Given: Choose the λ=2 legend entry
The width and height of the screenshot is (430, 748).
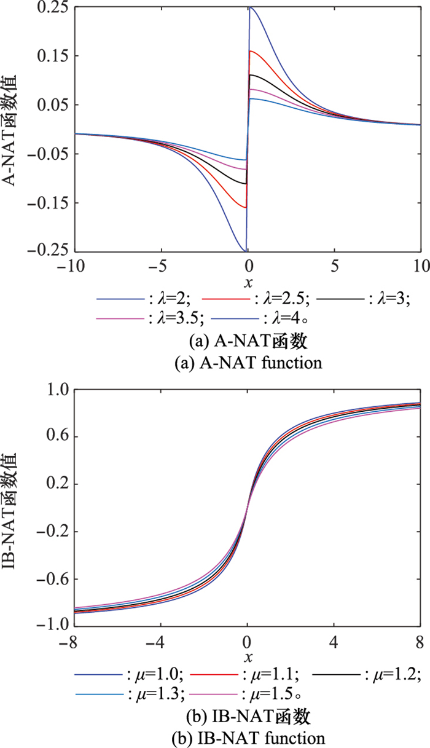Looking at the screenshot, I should coord(144,300).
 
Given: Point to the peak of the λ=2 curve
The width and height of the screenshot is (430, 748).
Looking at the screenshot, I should coord(250,8).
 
